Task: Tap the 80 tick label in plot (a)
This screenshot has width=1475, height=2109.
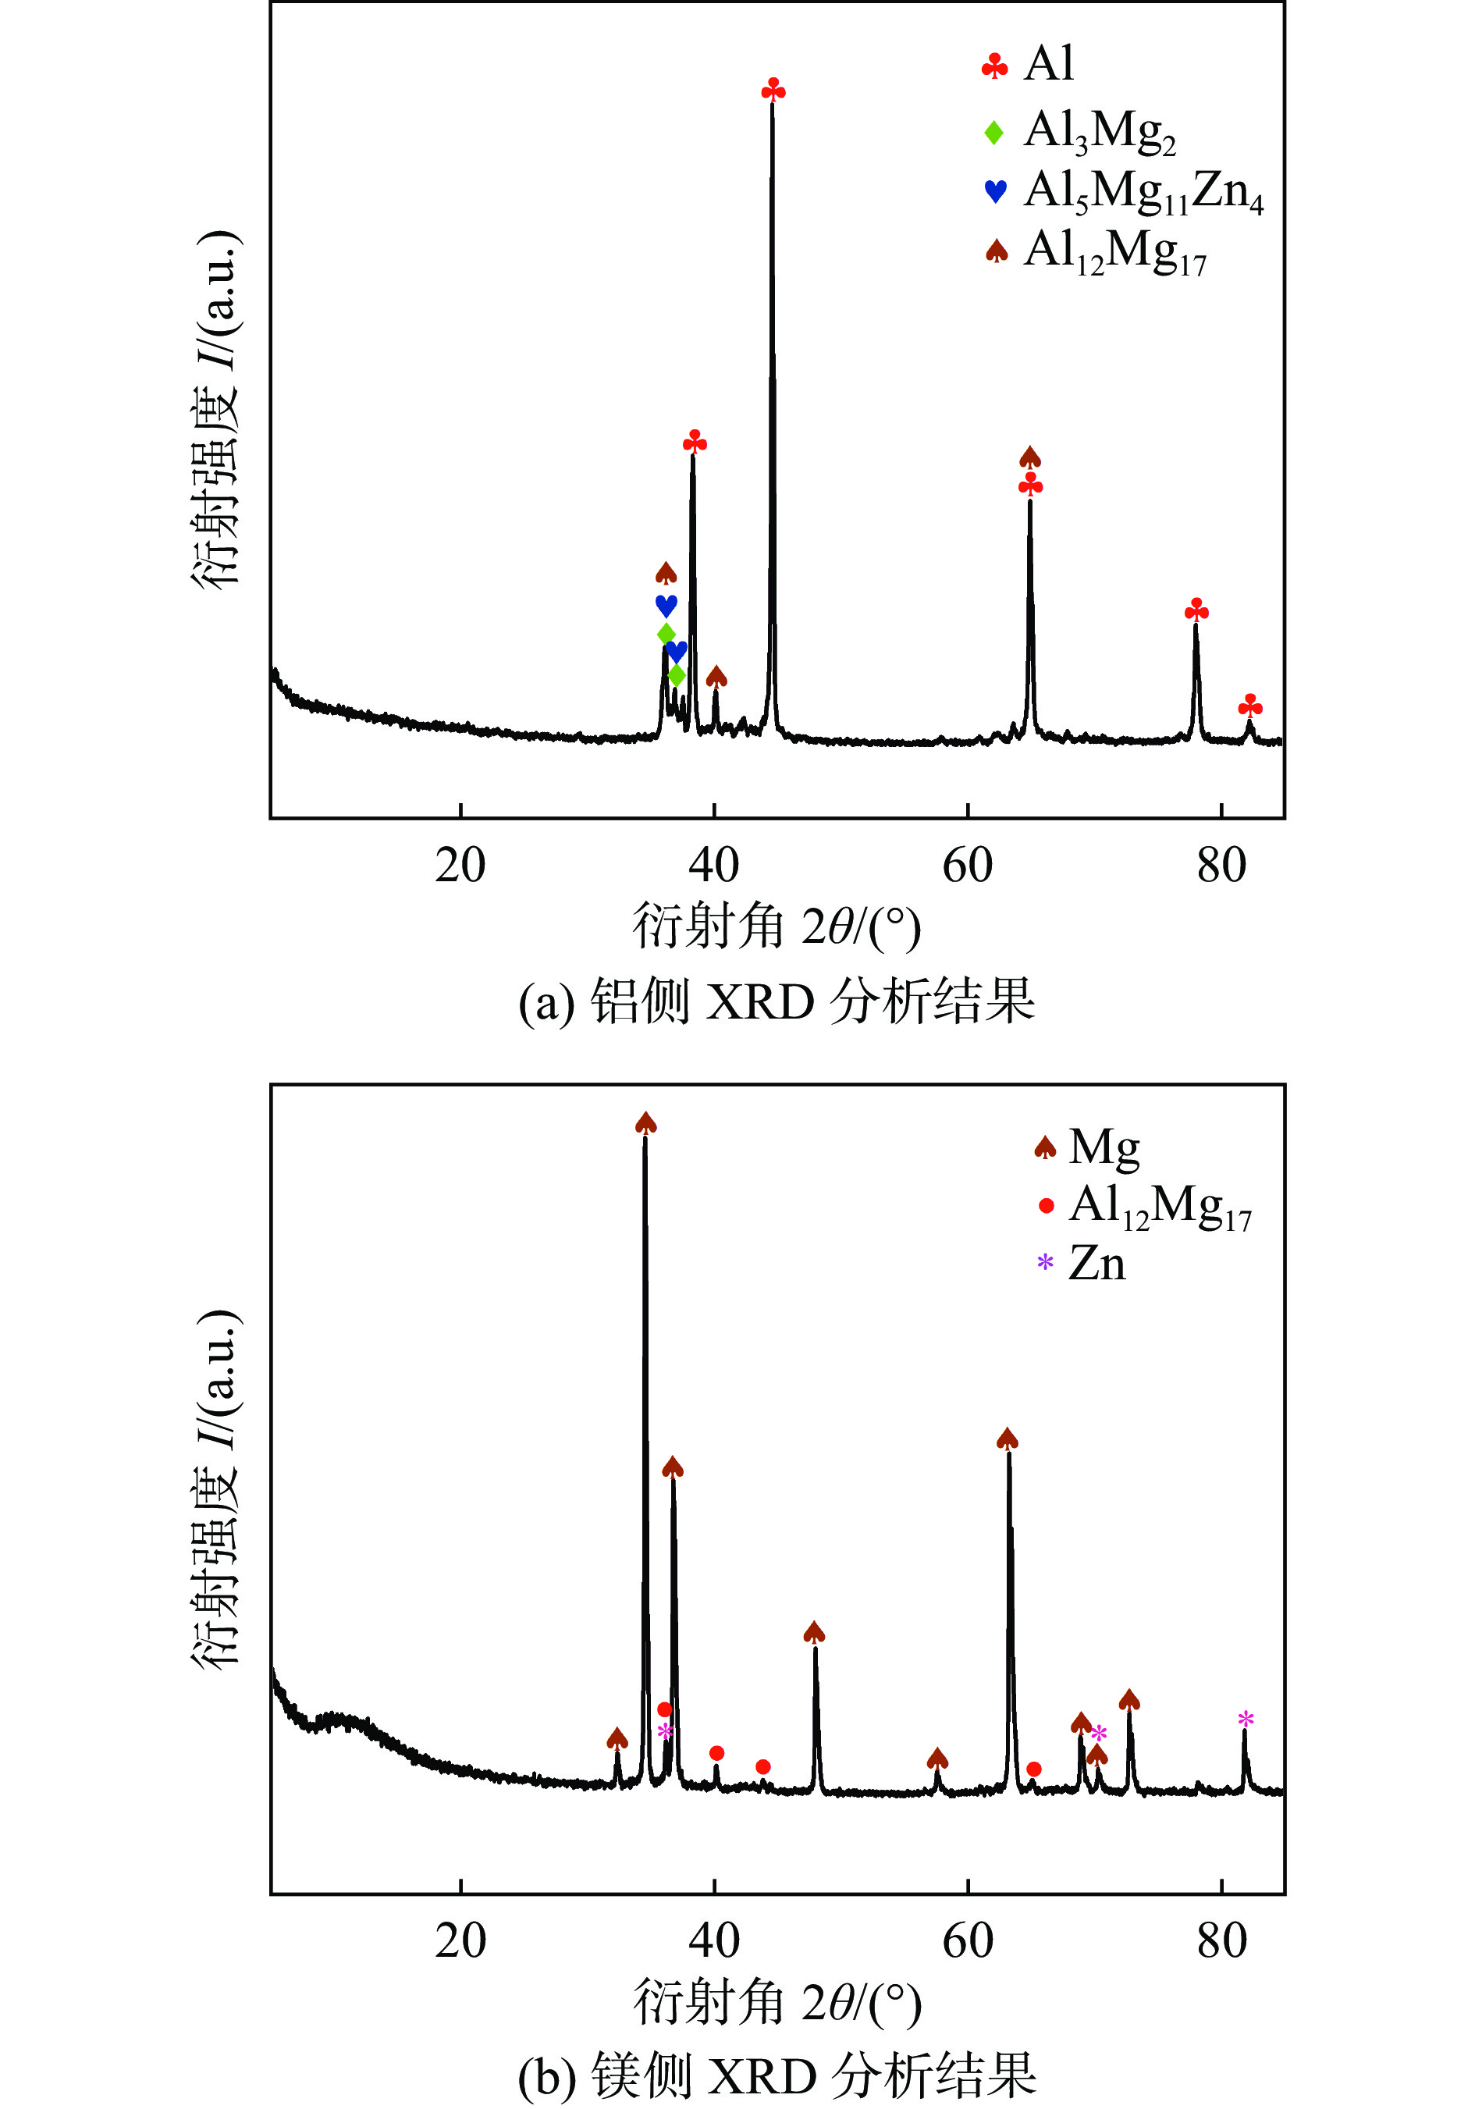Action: click(x=1221, y=866)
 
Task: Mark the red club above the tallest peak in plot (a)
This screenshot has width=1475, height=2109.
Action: click(x=773, y=89)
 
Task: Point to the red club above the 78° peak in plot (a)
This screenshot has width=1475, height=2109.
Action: click(x=1196, y=610)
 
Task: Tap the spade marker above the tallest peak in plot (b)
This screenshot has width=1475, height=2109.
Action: click(x=645, y=1123)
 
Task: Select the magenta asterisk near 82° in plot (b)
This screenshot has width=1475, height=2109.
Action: click(x=1246, y=1719)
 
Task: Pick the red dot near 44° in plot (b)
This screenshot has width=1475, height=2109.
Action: click(x=762, y=1766)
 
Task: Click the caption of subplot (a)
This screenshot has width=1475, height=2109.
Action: click(x=776, y=1001)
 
